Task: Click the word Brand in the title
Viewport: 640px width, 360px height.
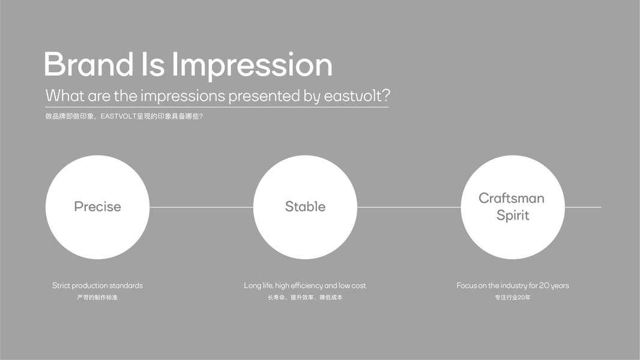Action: coord(89,64)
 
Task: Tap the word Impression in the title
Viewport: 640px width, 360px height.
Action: coord(252,66)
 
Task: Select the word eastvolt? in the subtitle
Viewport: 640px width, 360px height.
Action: coord(357,96)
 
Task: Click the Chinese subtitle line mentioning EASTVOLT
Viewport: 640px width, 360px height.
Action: coord(124,116)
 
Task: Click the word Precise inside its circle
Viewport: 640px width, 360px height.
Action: coord(97,207)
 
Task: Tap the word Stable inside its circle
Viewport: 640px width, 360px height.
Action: coord(306,207)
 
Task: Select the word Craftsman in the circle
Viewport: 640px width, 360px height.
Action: coord(512,198)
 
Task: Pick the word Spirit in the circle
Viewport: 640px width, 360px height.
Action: coord(513,215)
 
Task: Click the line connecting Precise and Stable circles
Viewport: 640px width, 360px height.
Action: coord(201,207)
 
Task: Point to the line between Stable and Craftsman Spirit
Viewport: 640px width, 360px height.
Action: coord(409,207)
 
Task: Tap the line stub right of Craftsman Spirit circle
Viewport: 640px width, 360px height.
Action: coord(583,207)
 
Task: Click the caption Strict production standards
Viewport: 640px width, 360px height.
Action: coord(97,286)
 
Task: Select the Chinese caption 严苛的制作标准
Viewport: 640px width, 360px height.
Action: coord(97,298)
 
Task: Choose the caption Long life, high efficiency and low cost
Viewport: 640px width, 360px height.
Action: coord(305,286)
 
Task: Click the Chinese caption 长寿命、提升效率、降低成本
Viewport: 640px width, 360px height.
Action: coord(306,298)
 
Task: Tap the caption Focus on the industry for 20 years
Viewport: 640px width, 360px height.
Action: coord(513,286)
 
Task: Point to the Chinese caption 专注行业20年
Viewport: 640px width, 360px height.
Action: coord(513,298)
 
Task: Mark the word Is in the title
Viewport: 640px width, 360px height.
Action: coord(153,64)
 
